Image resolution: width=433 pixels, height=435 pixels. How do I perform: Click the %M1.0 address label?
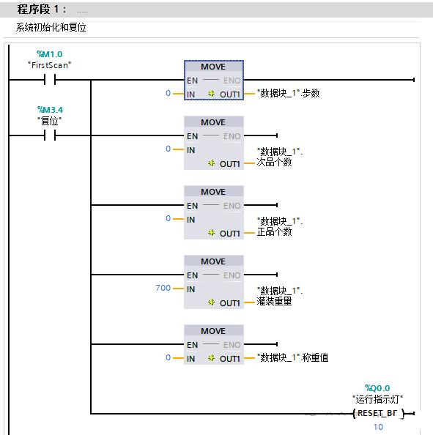pyautogui.click(x=49, y=54)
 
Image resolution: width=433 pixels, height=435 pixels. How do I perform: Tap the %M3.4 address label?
pyautogui.click(x=49, y=110)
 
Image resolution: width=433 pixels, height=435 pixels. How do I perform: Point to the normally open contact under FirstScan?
pyautogui.click(x=49, y=80)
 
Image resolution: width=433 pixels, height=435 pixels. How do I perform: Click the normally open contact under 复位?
pyautogui.click(x=49, y=135)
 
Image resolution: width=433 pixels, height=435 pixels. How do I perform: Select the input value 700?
pyautogui.click(x=163, y=289)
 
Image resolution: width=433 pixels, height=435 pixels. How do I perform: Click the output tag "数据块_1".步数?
pyautogui.click(x=288, y=94)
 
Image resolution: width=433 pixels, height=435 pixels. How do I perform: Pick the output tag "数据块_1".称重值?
pyautogui.click(x=292, y=358)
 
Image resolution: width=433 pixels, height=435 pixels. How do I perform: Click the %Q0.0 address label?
pyautogui.click(x=377, y=388)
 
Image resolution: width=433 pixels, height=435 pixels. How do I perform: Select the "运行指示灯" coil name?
pyautogui.click(x=377, y=398)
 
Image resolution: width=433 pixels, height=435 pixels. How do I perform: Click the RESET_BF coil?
pyautogui.click(x=377, y=414)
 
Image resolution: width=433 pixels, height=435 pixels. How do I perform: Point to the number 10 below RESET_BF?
pyautogui.click(x=378, y=427)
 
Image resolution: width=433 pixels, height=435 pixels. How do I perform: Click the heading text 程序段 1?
pyautogui.click(x=42, y=10)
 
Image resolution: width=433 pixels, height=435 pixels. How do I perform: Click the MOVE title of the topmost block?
pyautogui.click(x=213, y=67)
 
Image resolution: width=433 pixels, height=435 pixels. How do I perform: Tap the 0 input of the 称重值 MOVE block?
pyautogui.click(x=168, y=358)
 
